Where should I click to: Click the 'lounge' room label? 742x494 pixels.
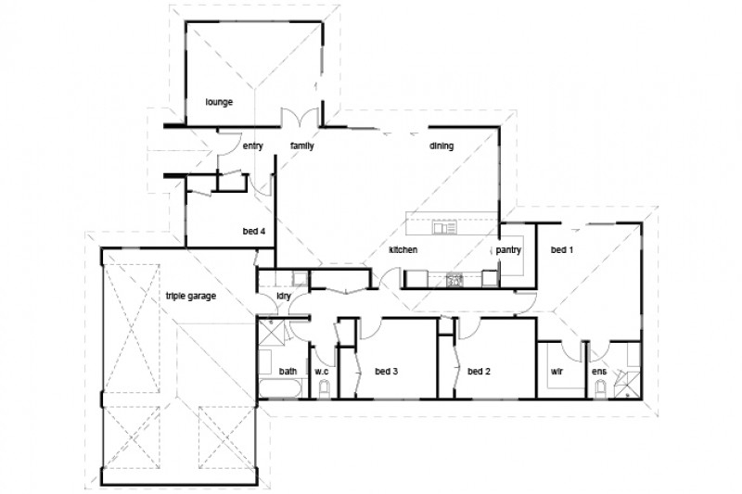[219, 101]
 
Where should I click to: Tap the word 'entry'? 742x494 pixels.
[253, 146]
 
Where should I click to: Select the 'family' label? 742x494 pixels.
[302, 146]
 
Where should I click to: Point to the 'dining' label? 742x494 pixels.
[441, 146]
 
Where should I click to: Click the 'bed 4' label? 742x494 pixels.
[256, 231]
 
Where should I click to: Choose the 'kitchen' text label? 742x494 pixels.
[403, 250]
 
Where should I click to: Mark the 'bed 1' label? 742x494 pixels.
[562, 250]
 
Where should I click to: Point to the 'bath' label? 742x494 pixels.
[288, 372]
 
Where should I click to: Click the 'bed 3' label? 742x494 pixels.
[386, 372]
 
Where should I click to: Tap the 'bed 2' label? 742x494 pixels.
[479, 372]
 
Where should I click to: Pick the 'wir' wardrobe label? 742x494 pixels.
[558, 372]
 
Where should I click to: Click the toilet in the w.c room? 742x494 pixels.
[323, 391]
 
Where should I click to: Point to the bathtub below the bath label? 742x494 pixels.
[281, 387]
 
